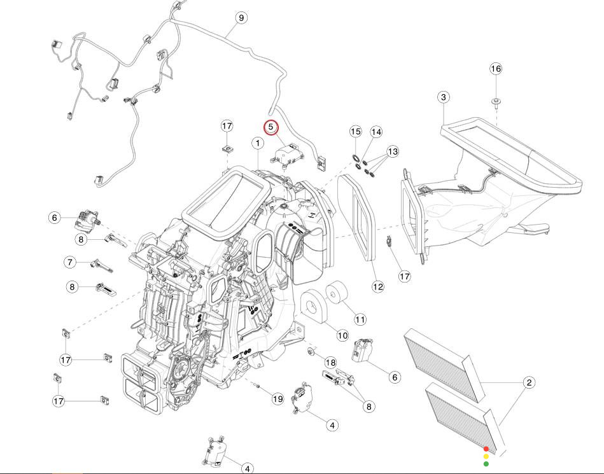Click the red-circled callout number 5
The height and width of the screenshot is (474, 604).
pyautogui.click(x=271, y=127)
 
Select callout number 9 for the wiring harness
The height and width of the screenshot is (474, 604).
pyautogui.click(x=241, y=18)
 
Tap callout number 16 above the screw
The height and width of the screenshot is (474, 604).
pyautogui.click(x=496, y=69)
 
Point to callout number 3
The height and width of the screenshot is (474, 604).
pyautogui.click(x=444, y=97)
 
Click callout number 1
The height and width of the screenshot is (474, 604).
pyautogui.click(x=258, y=143)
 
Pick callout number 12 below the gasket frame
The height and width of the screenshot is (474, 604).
pyautogui.click(x=378, y=286)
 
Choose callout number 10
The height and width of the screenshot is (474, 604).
pyautogui.click(x=342, y=335)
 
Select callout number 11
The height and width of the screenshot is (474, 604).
pyautogui.click(x=360, y=319)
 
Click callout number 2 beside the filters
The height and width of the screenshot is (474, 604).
pyautogui.click(x=529, y=382)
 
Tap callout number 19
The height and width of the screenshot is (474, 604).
pyautogui.click(x=277, y=399)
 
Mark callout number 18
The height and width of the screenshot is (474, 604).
pyautogui.click(x=330, y=362)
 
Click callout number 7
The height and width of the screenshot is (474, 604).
pyautogui.click(x=70, y=262)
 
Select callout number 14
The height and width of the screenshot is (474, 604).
pyautogui.click(x=376, y=132)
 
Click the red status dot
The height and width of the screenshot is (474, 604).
pyautogui.click(x=486, y=449)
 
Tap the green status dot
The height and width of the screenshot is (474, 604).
pyautogui.click(x=486, y=464)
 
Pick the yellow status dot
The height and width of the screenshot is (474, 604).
pyautogui.click(x=486, y=456)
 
